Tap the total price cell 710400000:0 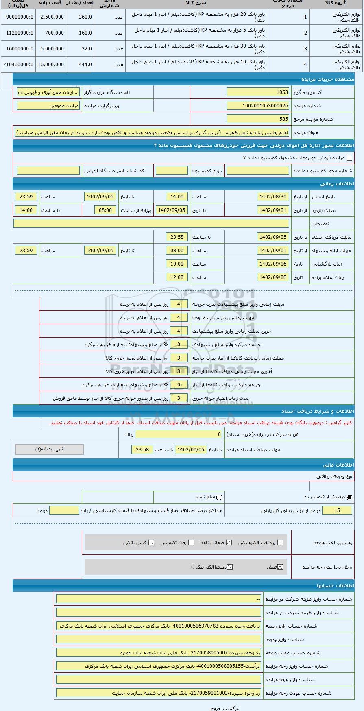[x=18, y=65]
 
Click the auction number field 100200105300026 [x=258, y=106]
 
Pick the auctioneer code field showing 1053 [x=258, y=92]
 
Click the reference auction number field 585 [x=258, y=119]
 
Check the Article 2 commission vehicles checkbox [x=349, y=158]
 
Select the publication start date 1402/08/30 [x=272, y=197]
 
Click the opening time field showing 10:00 [x=177, y=264]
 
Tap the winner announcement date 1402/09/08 [x=272, y=277]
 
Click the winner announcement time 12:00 [x=177, y=277]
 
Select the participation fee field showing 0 [x=179, y=434]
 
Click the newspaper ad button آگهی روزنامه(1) [x=50, y=449]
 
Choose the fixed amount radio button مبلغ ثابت [x=220, y=497]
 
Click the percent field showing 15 [x=337, y=510]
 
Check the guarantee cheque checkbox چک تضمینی [x=191, y=543]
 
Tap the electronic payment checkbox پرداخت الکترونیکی [x=279, y=543]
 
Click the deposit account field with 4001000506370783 [x=159, y=626]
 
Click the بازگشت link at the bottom [x=233, y=708]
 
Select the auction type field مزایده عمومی [x=48, y=106]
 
